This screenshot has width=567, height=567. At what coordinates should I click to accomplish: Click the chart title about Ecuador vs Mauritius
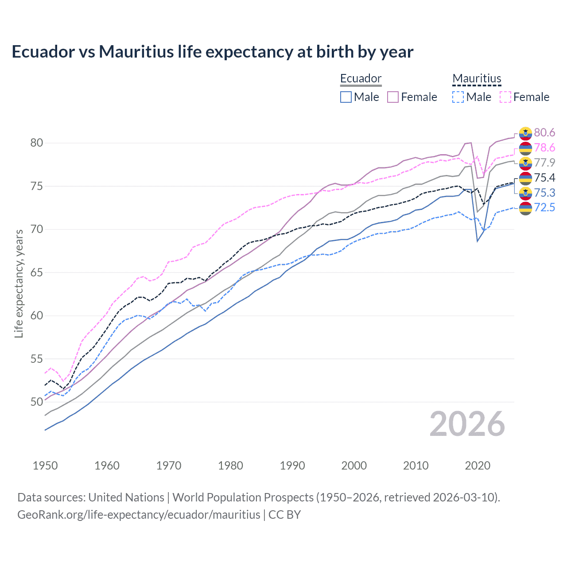pyautogui.click(x=212, y=52)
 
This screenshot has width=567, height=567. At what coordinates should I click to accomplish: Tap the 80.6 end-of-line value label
pyautogui.click(x=544, y=133)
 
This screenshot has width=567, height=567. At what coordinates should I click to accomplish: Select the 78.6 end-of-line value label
pyautogui.click(x=544, y=148)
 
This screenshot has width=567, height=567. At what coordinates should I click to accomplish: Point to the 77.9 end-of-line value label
pyautogui.click(x=544, y=163)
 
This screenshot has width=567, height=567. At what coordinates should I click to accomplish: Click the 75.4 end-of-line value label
pyautogui.click(x=544, y=178)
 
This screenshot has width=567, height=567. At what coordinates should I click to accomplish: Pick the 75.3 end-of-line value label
pyautogui.click(x=544, y=193)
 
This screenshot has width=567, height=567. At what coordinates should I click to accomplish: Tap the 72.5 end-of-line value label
pyautogui.click(x=544, y=208)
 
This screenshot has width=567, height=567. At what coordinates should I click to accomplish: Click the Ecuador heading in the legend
pyautogui.click(x=361, y=79)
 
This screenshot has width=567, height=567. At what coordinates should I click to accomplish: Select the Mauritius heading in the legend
pyautogui.click(x=477, y=79)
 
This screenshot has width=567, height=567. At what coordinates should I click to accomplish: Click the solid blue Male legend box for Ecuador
pyautogui.click(x=346, y=97)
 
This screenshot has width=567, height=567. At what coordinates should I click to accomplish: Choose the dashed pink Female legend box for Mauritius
pyautogui.click(x=505, y=97)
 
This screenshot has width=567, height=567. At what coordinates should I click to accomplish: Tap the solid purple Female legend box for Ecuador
pyautogui.click(x=393, y=97)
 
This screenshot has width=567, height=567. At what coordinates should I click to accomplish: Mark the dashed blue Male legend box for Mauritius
pyautogui.click(x=458, y=97)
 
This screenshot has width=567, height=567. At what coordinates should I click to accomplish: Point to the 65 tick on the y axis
pyautogui.click(x=36, y=272)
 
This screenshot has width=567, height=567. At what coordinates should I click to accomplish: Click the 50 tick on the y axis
pyautogui.click(x=36, y=402)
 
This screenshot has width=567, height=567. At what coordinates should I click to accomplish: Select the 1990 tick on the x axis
pyautogui.click(x=292, y=466)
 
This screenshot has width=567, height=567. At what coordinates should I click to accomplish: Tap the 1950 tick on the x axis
pyautogui.click(x=45, y=466)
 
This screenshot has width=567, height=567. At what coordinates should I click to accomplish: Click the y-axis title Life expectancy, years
pyautogui.click(x=19, y=283)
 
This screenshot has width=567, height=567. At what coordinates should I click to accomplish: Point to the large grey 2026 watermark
pyautogui.click(x=467, y=424)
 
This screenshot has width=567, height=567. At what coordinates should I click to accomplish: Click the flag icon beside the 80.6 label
pyautogui.click(x=525, y=133)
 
